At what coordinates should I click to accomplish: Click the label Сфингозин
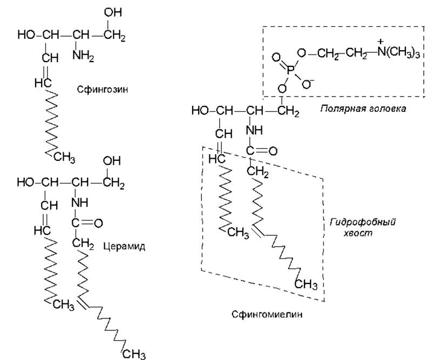103,90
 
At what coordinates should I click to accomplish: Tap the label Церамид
124,247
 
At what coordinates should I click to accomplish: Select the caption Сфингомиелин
267,314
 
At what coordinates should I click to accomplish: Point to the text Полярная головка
363,109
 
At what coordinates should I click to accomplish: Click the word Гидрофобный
363,222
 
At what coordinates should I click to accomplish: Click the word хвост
358,234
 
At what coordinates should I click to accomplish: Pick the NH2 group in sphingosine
83,56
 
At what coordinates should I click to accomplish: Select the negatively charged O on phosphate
308,83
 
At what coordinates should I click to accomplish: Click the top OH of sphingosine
113,12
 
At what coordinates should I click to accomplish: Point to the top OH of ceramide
112,161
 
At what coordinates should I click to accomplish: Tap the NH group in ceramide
79,202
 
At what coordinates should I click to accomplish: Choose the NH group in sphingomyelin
254,130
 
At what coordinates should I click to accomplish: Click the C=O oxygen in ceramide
98,223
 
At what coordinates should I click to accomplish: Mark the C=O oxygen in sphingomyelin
273,151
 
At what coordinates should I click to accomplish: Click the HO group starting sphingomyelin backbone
200,111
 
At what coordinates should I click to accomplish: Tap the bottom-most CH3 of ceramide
134,354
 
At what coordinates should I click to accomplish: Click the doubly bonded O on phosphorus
276,58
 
